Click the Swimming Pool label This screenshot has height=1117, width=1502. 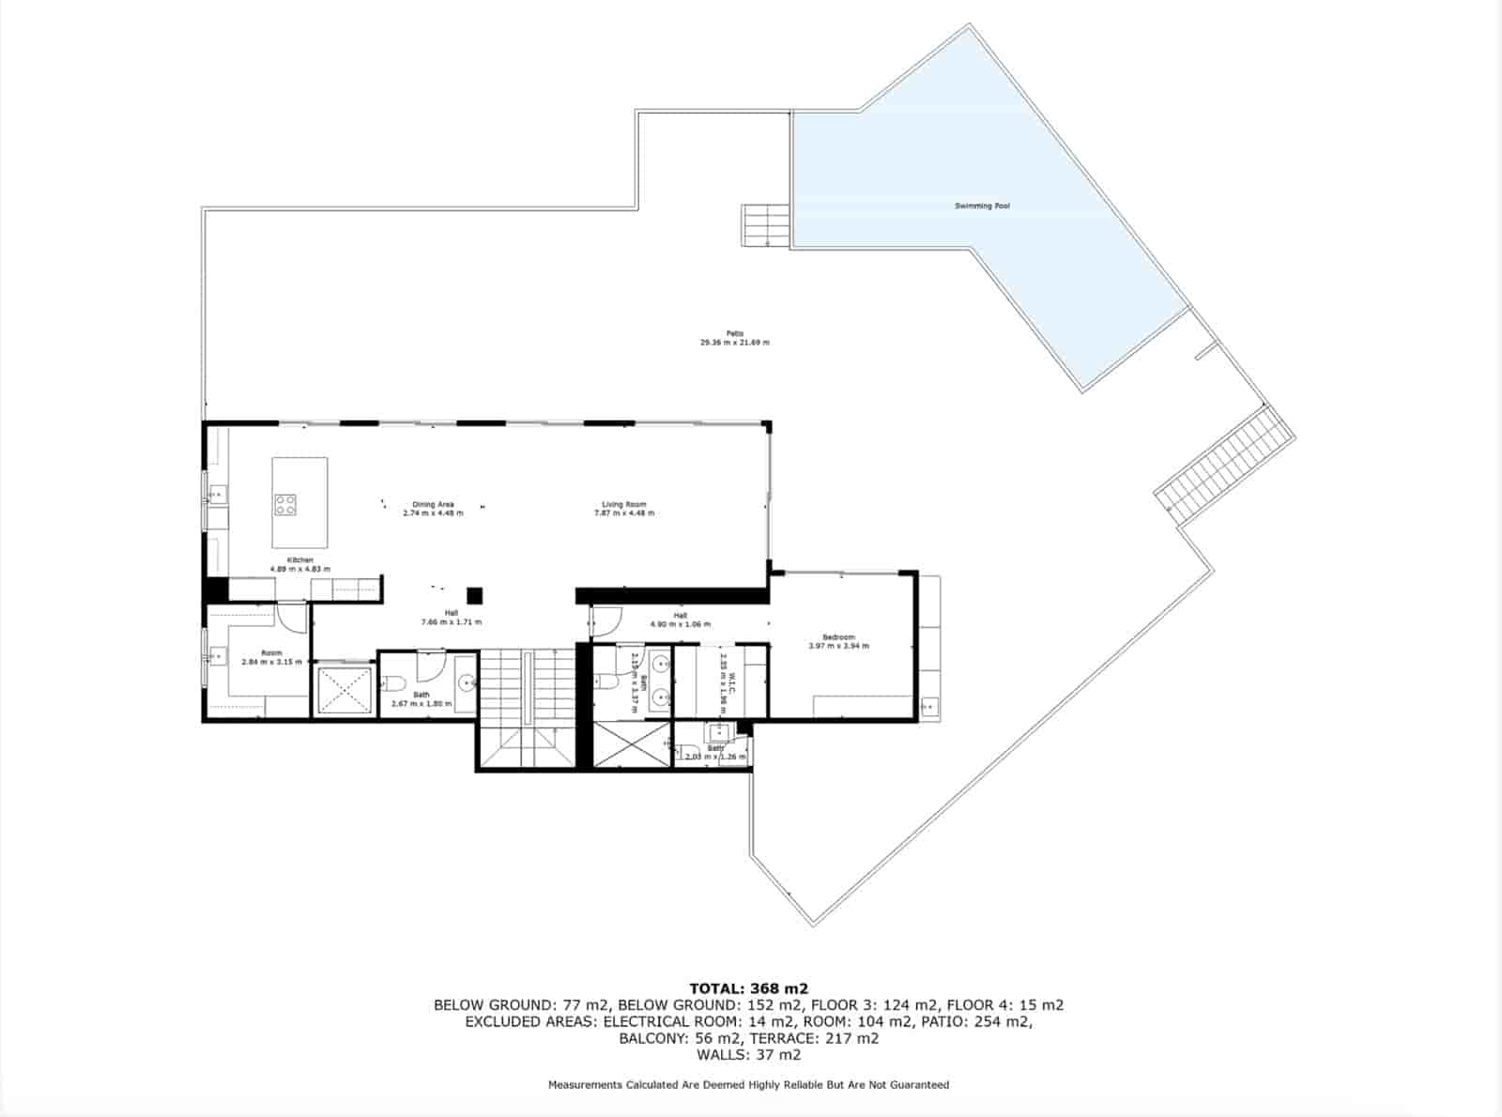click(x=982, y=206)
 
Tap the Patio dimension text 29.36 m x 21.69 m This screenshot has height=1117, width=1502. click(x=734, y=343)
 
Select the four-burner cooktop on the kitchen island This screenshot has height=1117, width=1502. click(x=285, y=505)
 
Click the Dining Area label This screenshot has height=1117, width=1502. click(x=433, y=504)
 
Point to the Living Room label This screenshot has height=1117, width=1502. click(x=624, y=504)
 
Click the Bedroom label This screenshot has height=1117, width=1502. click(x=838, y=637)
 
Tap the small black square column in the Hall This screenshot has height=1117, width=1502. click(x=475, y=595)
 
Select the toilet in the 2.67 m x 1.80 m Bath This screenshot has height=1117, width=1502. click(x=396, y=682)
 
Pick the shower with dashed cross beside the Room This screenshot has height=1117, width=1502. click(x=344, y=691)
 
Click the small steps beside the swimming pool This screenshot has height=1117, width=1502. click(x=765, y=225)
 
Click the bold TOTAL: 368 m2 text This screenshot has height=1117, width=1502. click(x=748, y=987)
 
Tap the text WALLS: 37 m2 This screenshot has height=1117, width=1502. click(x=748, y=1054)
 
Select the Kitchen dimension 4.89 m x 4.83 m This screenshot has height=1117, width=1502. click(x=299, y=569)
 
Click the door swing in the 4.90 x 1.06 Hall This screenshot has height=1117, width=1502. click(x=606, y=620)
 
